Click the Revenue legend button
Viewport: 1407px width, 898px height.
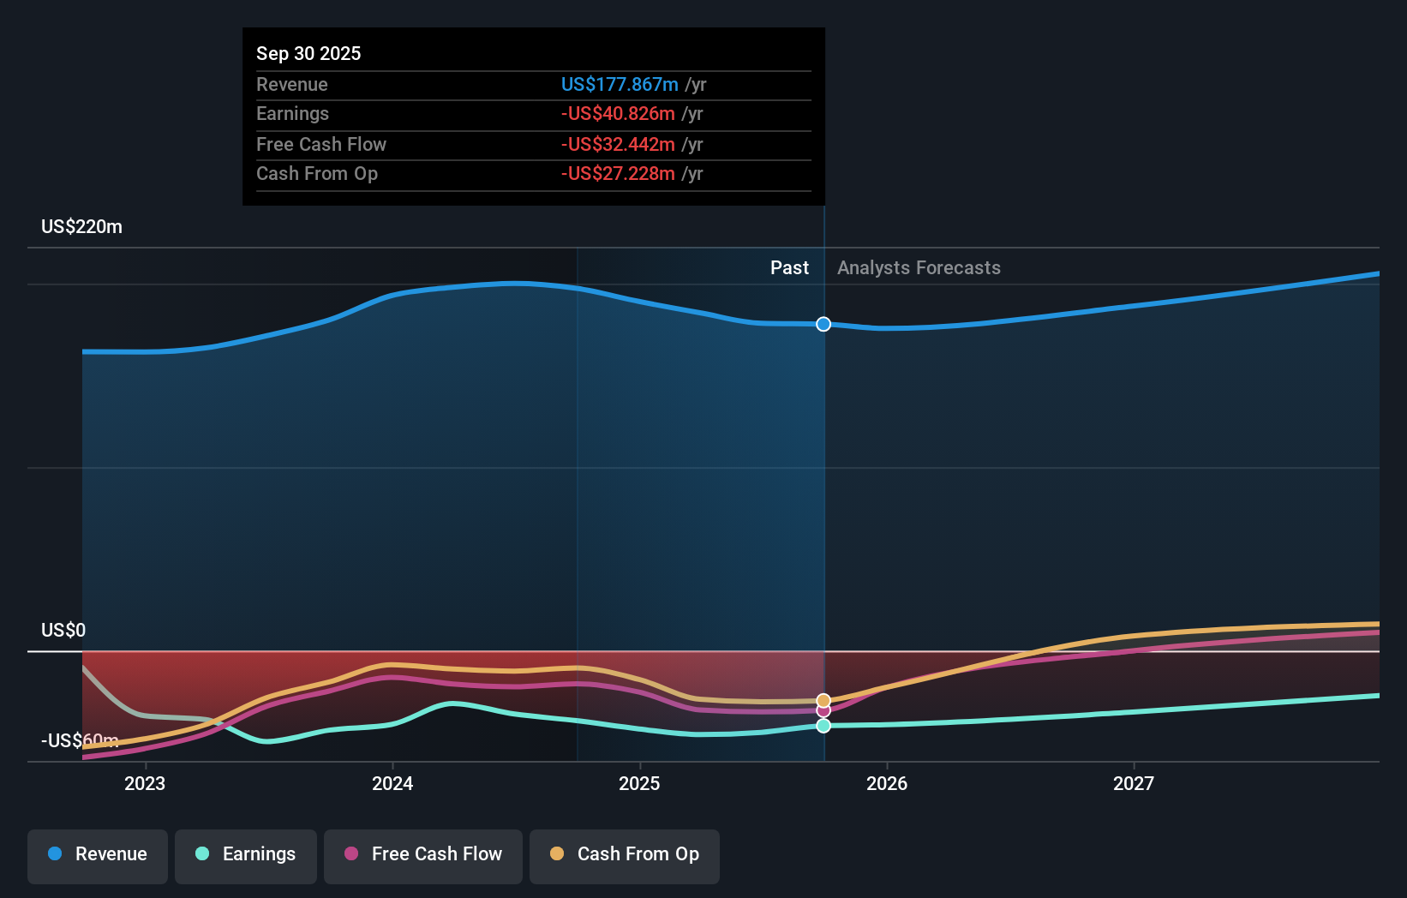pyautogui.click(x=98, y=854)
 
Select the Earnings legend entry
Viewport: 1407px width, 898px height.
pyautogui.click(x=246, y=854)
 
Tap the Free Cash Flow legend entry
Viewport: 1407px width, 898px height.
pyautogui.click(x=423, y=854)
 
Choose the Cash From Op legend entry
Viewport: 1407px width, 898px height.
pyautogui.click(x=625, y=854)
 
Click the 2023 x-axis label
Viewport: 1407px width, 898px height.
pyautogui.click(x=145, y=783)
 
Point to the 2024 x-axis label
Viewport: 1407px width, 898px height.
pyautogui.click(x=392, y=783)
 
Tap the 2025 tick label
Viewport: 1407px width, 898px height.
pyautogui.click(x=639, y=783)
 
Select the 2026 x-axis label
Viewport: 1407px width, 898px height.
pyautogui.click(x=887, y=783)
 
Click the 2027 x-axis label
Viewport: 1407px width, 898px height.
pyautogui.click(x=1134, y=783)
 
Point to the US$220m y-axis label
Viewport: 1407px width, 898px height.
pyautogui.click(x=82, y=227)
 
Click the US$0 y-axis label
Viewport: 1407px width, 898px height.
pyautogui.click(x=63, y=631)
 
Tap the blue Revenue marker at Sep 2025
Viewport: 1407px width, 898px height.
pyautogui.click(x=823, y=324)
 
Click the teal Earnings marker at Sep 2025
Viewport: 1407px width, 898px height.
pyautogui.click(x=823, y=726)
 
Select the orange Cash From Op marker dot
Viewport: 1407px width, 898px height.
pyautogui.click(x=823, y=700)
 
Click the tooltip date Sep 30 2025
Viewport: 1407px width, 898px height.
pyautogui.click(x=308, y=53)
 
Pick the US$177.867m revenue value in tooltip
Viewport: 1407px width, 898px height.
pyautogui.click(x=620, y=84)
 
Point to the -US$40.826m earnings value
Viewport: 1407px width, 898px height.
pyautogui.click(x=618, y=114)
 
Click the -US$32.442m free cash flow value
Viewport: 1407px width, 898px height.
pyautogui.click(x=618, y=144)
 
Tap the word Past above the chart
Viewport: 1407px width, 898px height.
pyautogui.click(x=789, y=268)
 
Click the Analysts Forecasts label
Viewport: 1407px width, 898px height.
pyautogui.click(x=919, y=268)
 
